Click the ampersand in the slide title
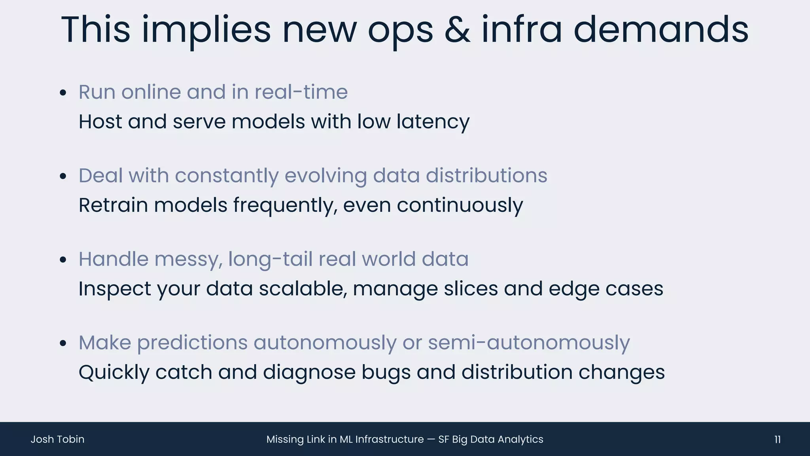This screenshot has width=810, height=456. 457,30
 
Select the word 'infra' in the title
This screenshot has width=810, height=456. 521,30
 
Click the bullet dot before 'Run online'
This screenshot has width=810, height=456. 63,93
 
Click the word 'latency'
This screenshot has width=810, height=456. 433,122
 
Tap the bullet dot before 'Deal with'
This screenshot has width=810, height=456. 63,177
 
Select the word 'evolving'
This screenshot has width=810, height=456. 326,176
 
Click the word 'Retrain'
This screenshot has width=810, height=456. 113,205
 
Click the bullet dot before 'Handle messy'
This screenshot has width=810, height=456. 63,260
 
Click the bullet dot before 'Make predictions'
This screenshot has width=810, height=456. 63,344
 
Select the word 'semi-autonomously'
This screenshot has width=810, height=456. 529,343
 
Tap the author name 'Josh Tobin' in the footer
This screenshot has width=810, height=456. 57,439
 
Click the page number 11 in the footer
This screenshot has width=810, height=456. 777,439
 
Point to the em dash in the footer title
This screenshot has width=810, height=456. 431,439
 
